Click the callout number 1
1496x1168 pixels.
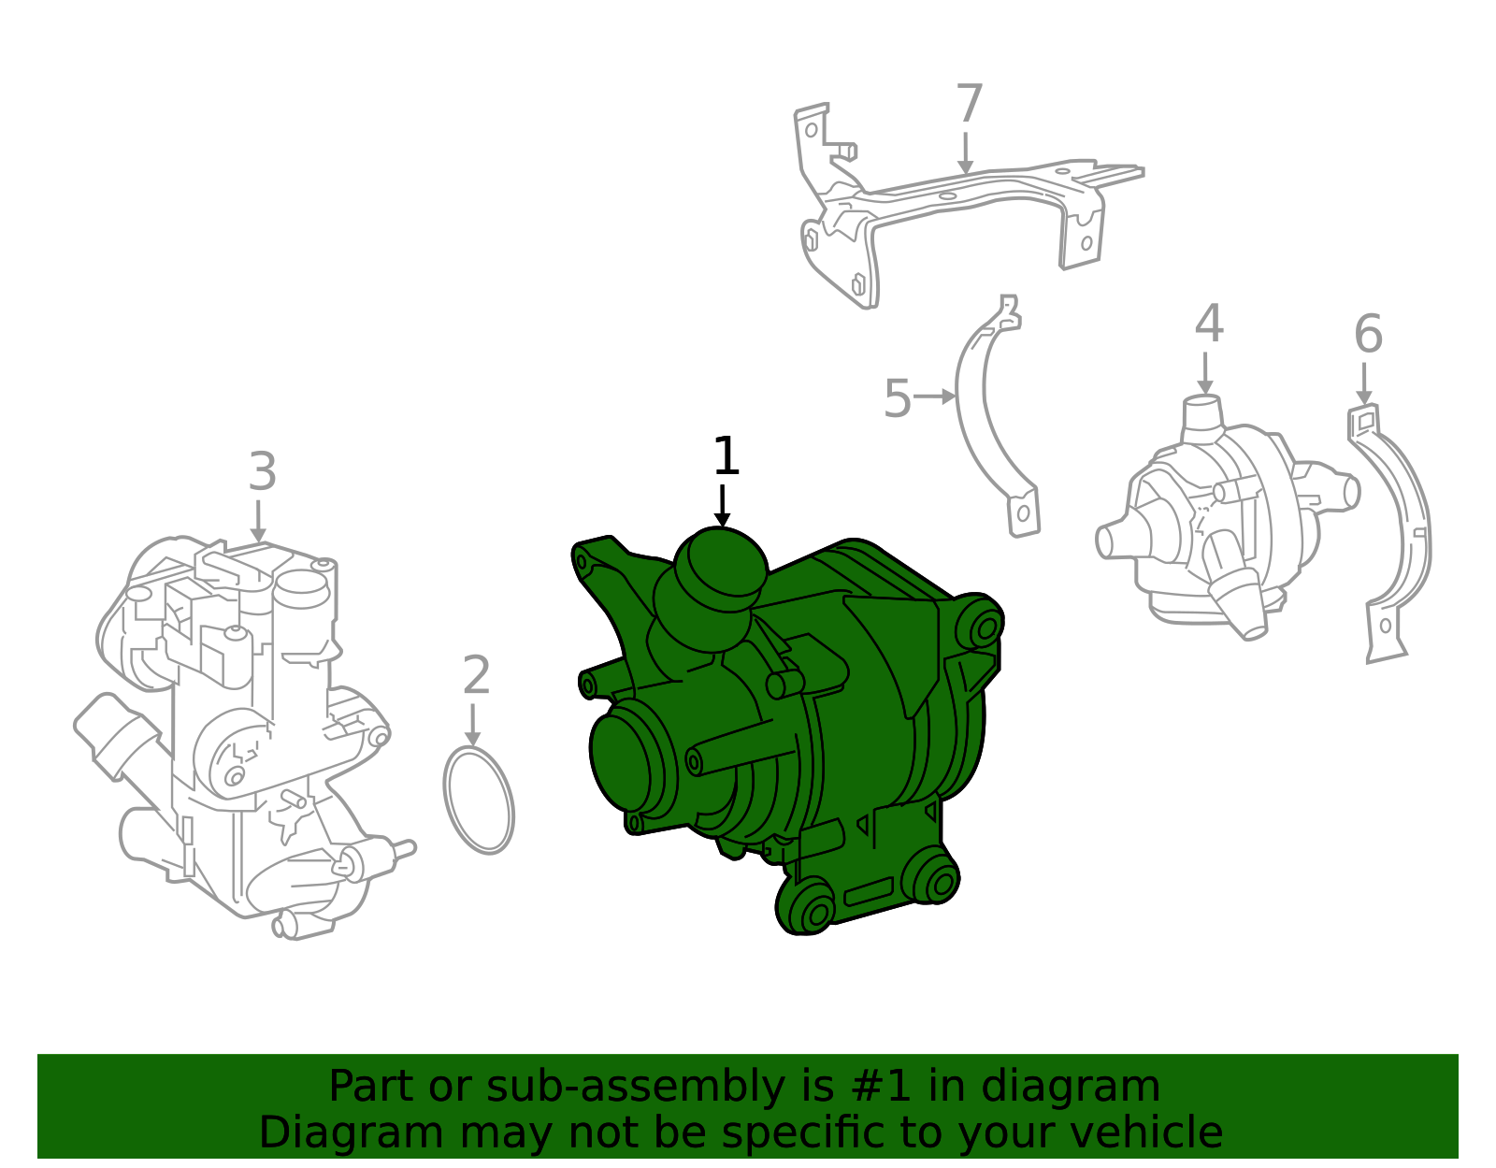[726, 457]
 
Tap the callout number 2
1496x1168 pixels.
[476, 675]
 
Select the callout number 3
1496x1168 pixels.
[263, 472]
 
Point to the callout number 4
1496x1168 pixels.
[1208, 324]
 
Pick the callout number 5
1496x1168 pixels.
[897, 399]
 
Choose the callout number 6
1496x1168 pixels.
[1368, 335]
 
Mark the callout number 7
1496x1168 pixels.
[970, 104]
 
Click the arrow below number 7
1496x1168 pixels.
[966, 154]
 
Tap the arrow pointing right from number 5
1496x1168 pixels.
[934, 397]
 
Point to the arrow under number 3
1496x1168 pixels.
[259, 522]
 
